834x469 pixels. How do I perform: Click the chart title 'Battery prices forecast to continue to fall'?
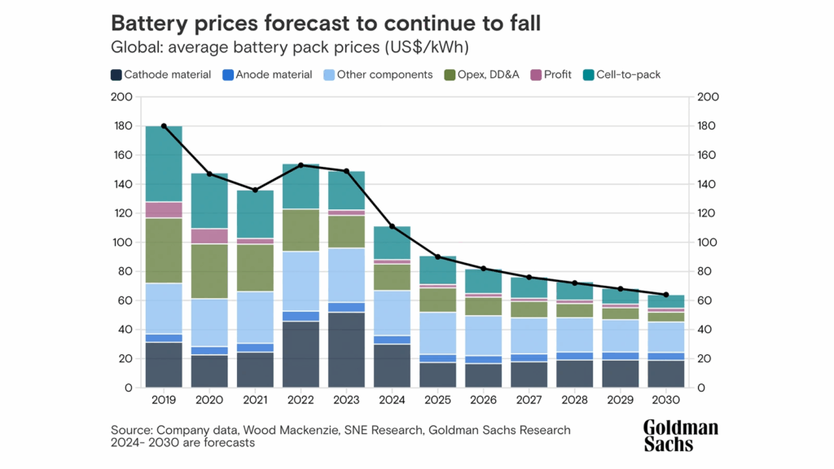point(326,23)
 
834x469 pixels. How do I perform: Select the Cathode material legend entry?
point(160,74)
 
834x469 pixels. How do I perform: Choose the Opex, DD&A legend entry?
point(480,74)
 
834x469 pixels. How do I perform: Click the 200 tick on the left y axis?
point(121,97)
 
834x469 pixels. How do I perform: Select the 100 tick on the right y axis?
point(708,243)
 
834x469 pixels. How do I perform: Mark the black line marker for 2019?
point(164,126)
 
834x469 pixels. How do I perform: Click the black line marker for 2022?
point(301,165)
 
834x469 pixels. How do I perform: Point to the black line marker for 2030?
point(665,295)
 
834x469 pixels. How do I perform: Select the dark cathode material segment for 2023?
point(346,350)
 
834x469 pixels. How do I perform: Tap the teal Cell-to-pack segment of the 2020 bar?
point(209,200)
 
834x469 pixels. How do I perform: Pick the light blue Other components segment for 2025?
point(437,333)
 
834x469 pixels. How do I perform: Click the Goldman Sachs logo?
point(680,436)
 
